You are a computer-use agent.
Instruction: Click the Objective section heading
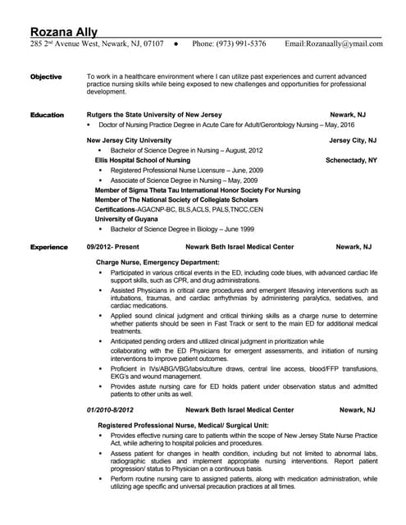point(46,77)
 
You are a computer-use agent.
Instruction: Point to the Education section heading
point(47,115)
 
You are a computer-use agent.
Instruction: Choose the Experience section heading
point(48,246)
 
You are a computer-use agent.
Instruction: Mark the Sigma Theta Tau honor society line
point(198,189)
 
